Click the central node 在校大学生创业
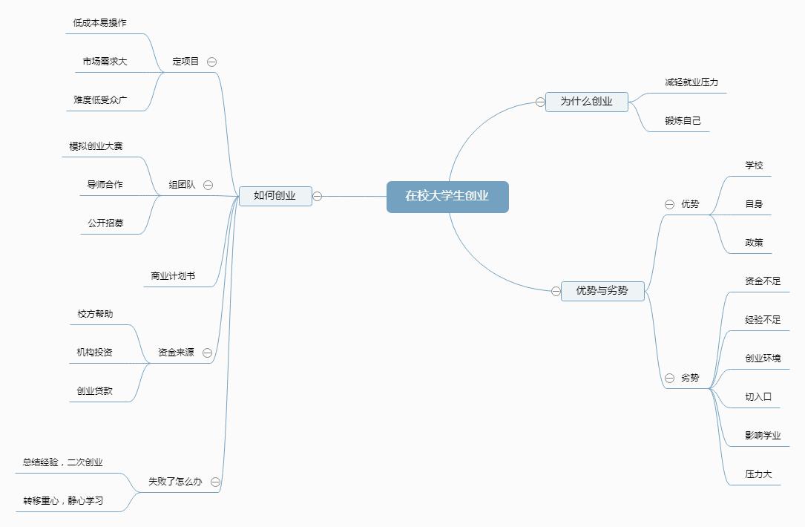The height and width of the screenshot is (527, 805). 447,197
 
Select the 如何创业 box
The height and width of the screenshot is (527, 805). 275,196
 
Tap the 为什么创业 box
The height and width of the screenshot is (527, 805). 586,102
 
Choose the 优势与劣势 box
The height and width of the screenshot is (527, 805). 602,291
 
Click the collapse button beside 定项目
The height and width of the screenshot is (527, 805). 212,62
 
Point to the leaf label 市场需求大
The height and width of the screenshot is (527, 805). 105,62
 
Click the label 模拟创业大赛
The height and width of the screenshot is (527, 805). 96,146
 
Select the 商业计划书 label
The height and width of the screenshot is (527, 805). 173,276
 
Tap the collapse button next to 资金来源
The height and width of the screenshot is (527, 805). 208,353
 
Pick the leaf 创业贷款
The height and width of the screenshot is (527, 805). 95,391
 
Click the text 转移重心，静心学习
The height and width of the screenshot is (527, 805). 63,501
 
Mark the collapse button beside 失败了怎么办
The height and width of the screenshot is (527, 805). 215,482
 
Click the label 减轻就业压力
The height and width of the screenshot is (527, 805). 691,82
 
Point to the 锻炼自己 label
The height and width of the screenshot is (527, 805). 683,121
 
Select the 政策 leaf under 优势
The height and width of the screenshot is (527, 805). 754,243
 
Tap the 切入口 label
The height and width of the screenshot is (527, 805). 758,397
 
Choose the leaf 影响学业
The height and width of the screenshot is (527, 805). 763,436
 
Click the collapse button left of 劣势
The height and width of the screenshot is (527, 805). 669,378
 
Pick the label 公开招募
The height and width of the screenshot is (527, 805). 105,223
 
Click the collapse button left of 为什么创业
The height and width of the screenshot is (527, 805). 540,102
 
